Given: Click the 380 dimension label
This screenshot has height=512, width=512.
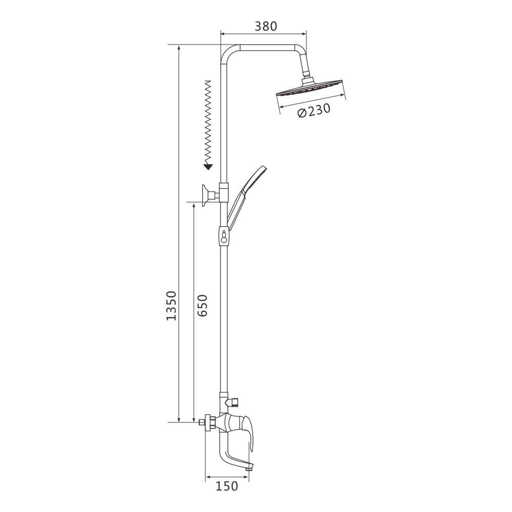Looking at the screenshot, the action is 266,26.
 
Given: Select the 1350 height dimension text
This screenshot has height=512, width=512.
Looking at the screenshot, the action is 171,305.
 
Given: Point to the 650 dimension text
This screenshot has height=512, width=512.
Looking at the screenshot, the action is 202,305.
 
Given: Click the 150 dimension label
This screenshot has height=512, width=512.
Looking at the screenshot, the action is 227,486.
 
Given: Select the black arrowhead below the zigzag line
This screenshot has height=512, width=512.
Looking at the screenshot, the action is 208,167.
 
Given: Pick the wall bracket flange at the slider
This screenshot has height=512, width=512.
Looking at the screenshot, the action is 205,195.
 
